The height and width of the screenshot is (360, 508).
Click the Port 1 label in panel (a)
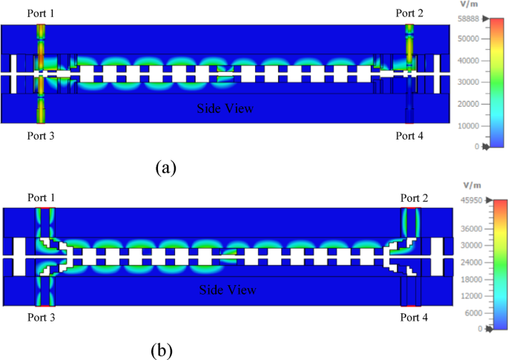click(41, 13)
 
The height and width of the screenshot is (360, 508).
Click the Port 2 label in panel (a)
click(409, 13)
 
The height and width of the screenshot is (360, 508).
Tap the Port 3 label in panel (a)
click(41, 136)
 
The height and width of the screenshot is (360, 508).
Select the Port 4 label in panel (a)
click(410, 136)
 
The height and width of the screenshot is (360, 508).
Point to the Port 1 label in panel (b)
click(41, 197)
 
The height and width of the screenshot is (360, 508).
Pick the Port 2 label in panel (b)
click(415, 197)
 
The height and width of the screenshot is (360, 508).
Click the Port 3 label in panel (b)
click(41, 317)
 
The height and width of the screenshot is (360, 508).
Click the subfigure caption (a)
click(165, 167)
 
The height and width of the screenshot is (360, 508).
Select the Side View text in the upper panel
click(225, 108)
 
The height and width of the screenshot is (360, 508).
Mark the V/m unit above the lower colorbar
click(472, 184)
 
